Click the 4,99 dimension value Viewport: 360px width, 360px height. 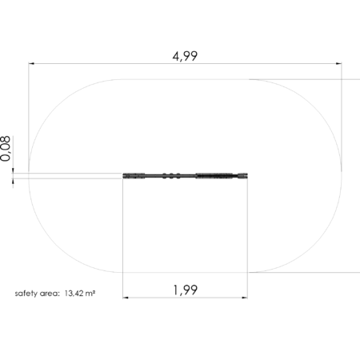(x=185, y=57)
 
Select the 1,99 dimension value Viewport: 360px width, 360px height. (x=186, y=290)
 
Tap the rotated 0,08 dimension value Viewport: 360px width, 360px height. (x=6, y=149)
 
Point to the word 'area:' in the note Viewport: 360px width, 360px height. (x=50, y=294)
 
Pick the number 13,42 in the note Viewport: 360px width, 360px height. (x=73, y=294)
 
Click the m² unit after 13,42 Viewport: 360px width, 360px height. (x=90, y=294)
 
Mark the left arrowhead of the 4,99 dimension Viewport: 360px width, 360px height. (x=31, y=63)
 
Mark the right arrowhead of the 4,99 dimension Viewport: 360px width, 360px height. (x=338, y=63)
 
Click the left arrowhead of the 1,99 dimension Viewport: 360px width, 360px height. (x=126, y=298)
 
